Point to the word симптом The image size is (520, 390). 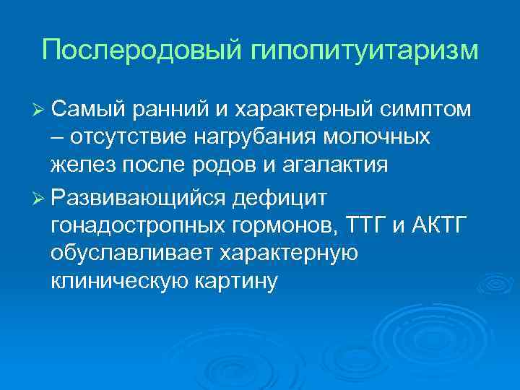coord(425,109)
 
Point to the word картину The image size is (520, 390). coord(241,282)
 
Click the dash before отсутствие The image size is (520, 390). coord(56,137)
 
